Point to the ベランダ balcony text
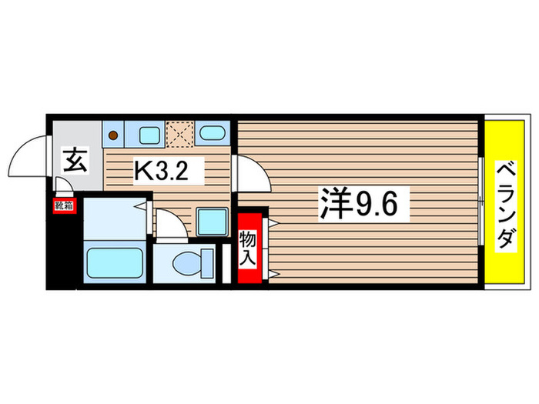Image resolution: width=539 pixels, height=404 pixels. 505,204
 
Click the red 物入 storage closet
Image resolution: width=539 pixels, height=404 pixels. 248,249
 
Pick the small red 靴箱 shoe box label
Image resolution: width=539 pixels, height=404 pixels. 63,205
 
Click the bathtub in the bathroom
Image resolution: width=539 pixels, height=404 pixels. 115,262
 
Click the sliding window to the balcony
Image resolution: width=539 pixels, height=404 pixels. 480,203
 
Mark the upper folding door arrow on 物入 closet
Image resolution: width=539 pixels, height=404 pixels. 273,222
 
